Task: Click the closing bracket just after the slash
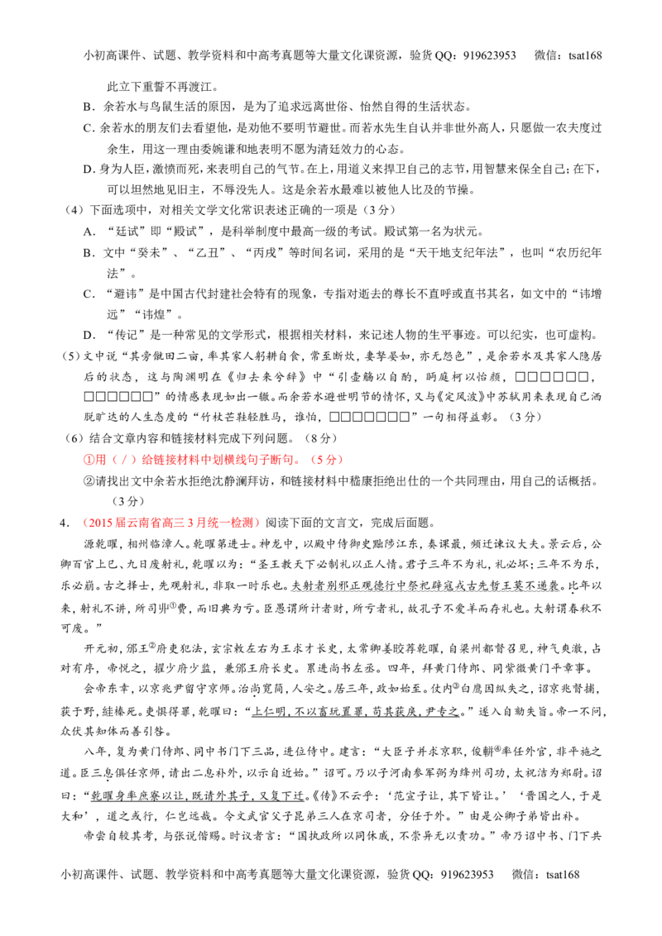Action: pos(131,461)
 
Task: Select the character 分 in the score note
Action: pos(332,461)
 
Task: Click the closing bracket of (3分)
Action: pos(340,461)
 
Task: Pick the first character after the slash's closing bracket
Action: pos(144,461)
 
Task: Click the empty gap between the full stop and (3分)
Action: pos(307,461)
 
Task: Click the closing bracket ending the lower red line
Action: pos(260,523)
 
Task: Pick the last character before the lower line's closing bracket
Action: pos(252,523)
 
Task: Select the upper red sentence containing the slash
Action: pos(212,461)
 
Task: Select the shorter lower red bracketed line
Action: pos(171,523)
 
